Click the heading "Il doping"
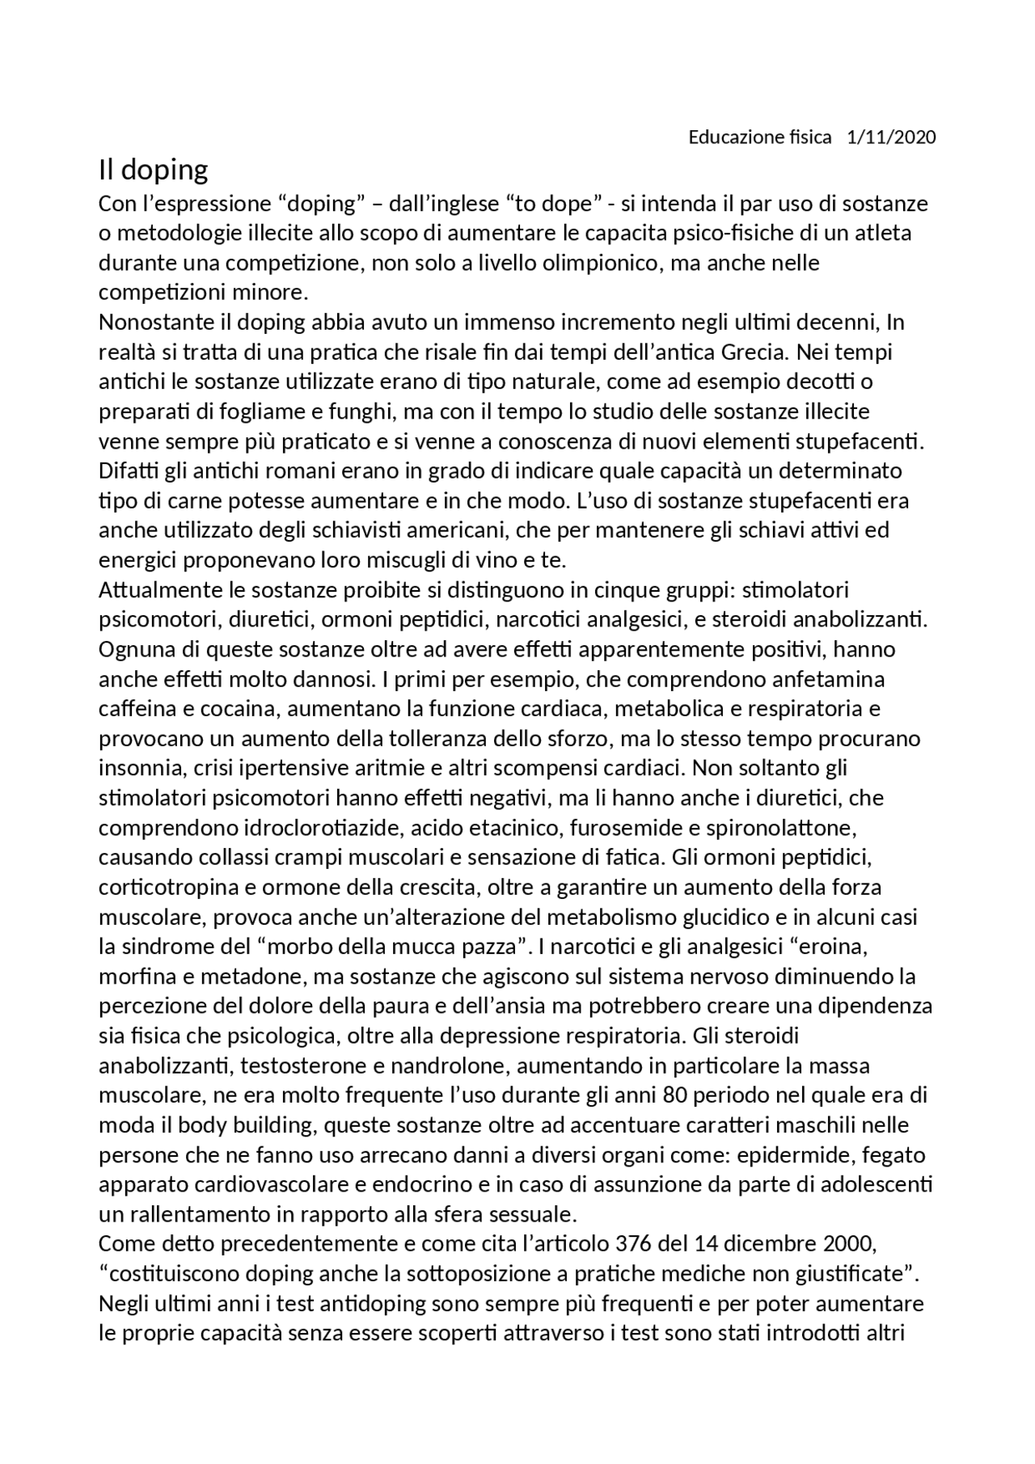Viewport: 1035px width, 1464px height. coord(154,171)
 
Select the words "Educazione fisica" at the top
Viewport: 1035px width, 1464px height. coord(759,137)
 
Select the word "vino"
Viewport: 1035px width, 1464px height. coord(467,560)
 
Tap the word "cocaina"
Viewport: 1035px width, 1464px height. coord(234,709)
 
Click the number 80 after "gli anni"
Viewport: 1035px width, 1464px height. coord(674,1095)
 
